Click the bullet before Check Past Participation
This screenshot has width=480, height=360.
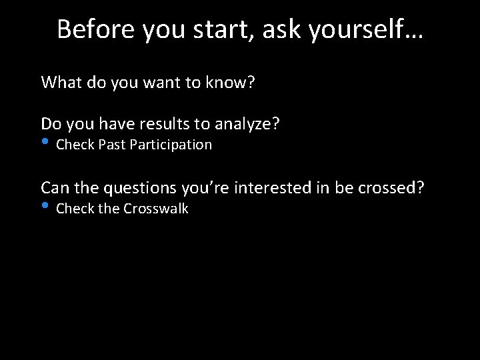[x=45, y=142]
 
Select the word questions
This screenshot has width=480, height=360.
[x=140, y=188]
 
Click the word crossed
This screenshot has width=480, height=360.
[x=389, y=188]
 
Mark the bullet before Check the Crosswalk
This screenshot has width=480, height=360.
[x=45, y=206]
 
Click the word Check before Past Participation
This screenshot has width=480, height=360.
[x=75, y=145]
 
